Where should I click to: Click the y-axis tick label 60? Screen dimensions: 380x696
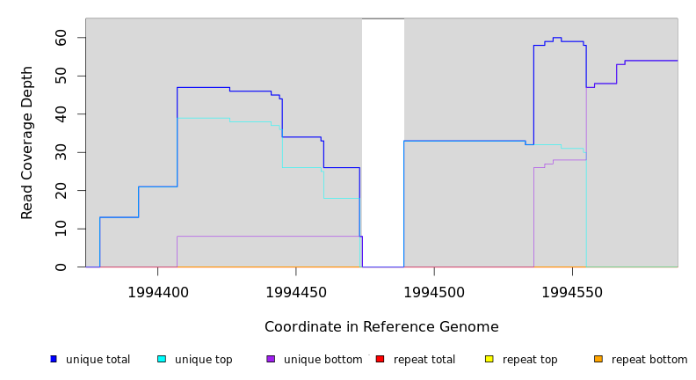coord(61,38)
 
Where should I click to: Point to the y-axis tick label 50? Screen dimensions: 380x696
coord(61,77)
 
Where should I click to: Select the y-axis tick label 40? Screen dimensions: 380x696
coord(61,114)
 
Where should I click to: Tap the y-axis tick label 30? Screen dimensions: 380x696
coord(61,152)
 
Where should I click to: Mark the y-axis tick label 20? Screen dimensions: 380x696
coord(61,191)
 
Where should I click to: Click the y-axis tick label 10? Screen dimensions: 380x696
coord(61,229)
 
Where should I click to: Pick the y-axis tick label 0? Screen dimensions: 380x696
coord(61,267)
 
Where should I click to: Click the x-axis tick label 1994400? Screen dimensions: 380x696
coord(158,292)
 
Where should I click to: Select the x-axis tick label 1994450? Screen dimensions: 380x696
coord(296,292)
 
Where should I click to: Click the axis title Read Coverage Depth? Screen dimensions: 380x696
coord(27,142)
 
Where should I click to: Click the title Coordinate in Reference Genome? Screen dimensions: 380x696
coord(381,327)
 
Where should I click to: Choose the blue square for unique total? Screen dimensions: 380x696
coord(54,359)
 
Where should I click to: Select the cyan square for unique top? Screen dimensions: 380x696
coord(162,359)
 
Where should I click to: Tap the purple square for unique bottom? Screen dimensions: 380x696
coord(271,359)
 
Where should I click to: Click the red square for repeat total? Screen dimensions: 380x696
coord(380,359)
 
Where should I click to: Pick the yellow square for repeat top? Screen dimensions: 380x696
coord(489,359)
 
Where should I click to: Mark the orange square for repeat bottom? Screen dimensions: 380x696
coord(598,359)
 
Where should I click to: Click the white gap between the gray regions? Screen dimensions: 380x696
coord(383,141)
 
